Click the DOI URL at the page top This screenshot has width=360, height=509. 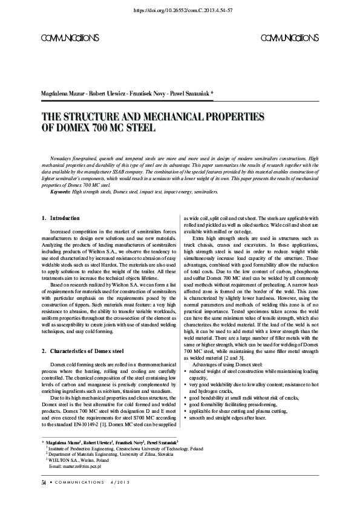click(180, 11)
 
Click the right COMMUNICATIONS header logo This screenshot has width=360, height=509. click(290, 38)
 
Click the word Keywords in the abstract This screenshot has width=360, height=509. click(61, 191)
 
